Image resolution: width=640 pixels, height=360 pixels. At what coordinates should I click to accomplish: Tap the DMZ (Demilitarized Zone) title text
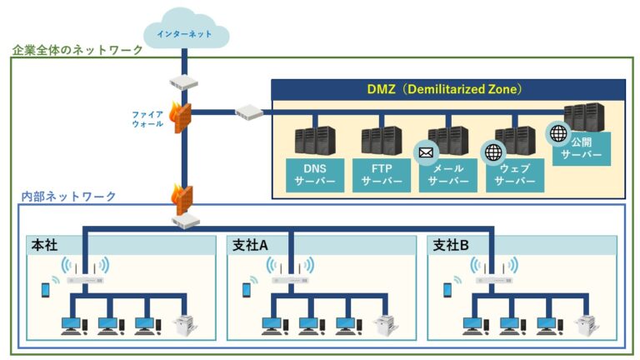coord(448,88)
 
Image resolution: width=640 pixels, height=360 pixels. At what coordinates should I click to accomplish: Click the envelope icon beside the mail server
coord(427,152)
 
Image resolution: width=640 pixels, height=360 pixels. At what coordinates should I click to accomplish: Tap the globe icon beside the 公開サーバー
coord(557,132)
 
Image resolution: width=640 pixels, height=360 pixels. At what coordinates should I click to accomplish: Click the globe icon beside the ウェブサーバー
coord(493,152)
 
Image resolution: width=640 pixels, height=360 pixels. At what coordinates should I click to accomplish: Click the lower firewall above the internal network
coord(184,197)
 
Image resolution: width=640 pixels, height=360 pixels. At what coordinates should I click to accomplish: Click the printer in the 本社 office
coord(183,324)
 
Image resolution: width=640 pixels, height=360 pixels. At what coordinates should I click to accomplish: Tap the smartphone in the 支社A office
coord(247,289)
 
